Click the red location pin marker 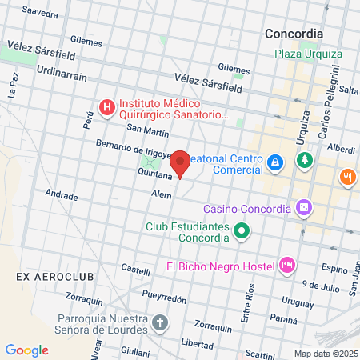coord(181,163)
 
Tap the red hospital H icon coord(106,106)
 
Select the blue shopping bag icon coord(274,163)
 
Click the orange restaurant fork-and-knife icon coord(347,176)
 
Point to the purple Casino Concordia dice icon coord(304,209)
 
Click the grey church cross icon coord(160,323)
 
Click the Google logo coord(27,350)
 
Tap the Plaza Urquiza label coord(308,54)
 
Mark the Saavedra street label coord(41,14)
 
